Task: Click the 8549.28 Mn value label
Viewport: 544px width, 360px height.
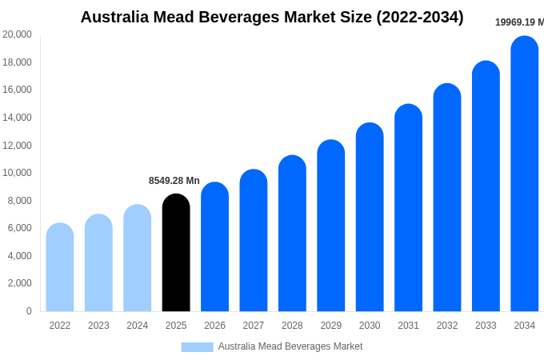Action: click(174, 181)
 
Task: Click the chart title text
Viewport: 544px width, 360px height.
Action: click(272, 17)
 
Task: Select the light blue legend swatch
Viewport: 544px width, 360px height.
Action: click(197, 346)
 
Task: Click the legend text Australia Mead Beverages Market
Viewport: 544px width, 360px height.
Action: click(290, 346)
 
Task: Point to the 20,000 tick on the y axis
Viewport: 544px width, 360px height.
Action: click(17, 34)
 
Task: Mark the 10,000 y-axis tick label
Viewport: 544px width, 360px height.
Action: click(17, 173)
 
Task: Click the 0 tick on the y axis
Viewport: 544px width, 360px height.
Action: click(29, 311)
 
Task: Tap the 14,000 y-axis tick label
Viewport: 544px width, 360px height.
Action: click(17, 118)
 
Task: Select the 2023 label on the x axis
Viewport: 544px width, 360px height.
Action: click(98, 326)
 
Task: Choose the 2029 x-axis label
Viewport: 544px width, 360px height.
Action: click(331, 326)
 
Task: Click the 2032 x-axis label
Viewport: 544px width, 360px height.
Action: click(447, 326)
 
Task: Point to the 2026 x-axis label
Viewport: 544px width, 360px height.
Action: click(214, 326)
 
